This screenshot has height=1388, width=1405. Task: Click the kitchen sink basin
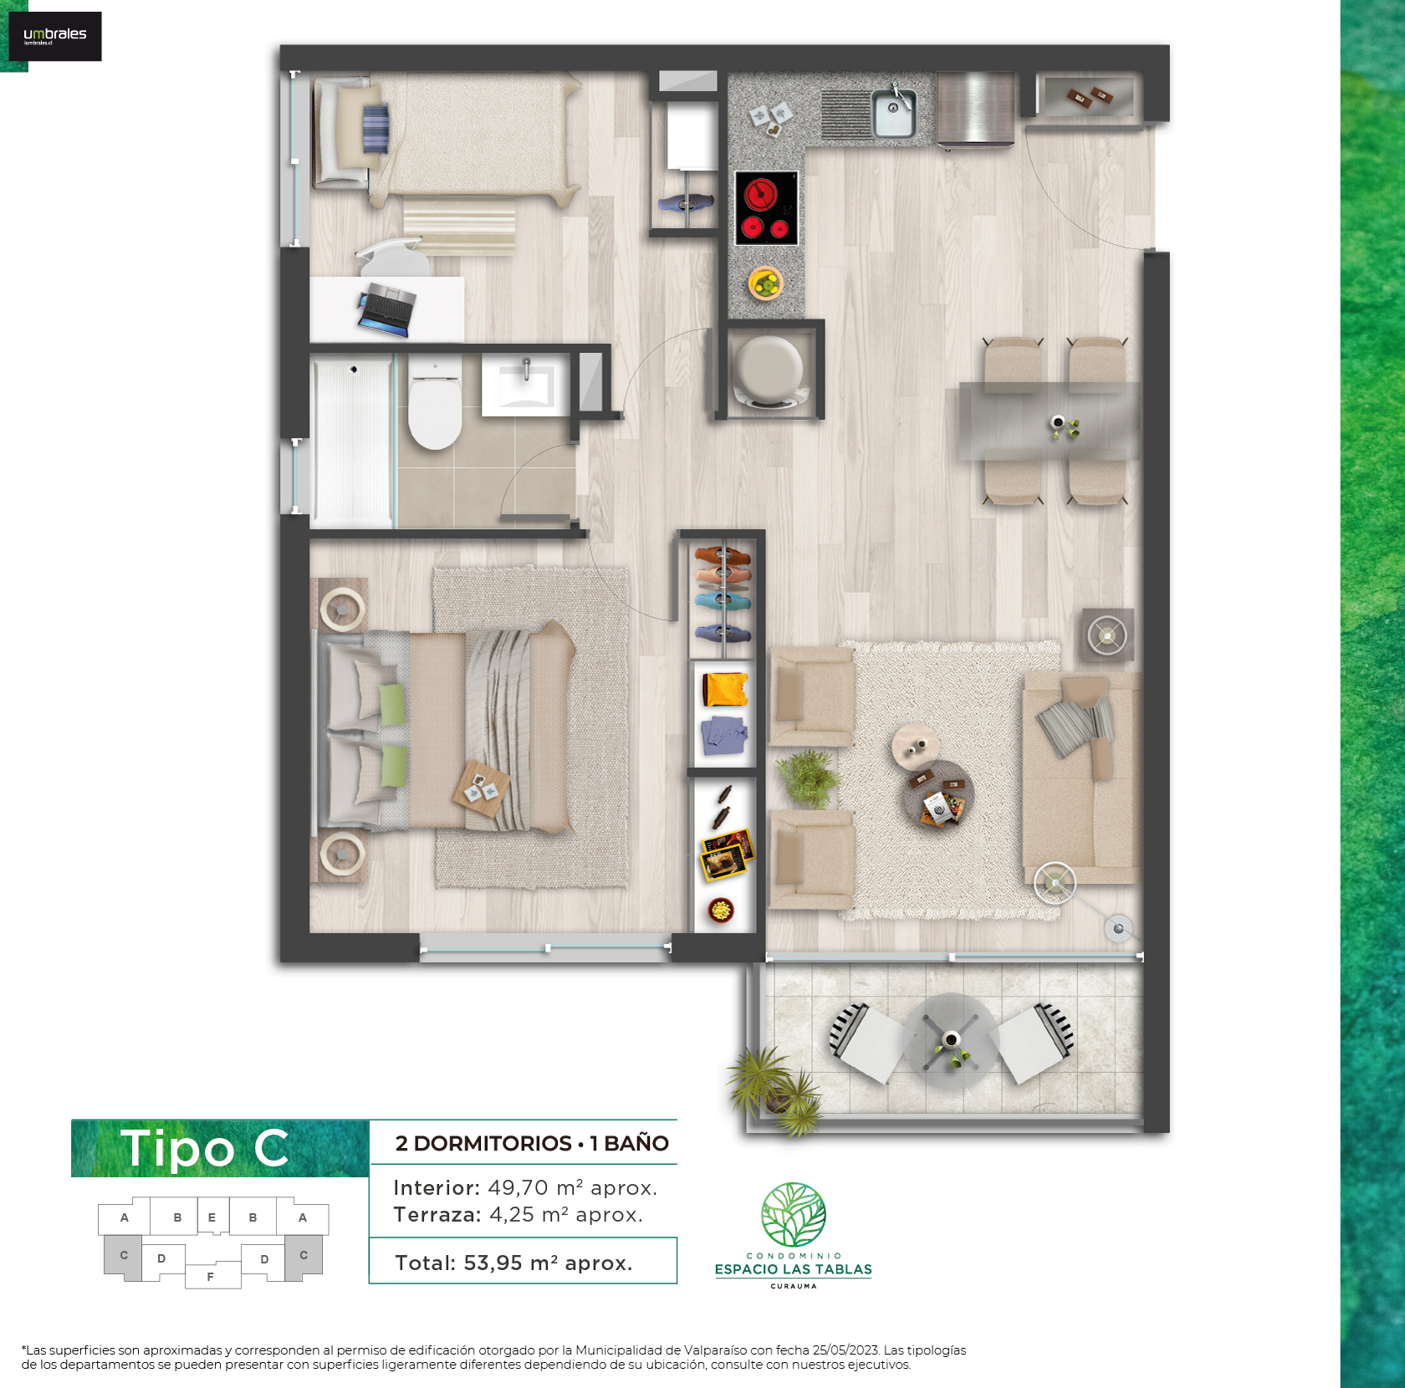click(893, 114)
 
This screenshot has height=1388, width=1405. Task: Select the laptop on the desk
click(386, 309)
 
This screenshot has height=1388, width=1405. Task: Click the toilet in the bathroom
click(435, 403)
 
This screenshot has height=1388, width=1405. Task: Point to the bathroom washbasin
click(525, 385)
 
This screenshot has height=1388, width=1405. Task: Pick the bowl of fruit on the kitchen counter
click(765, 283)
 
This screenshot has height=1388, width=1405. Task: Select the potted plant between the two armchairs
click(809, 778)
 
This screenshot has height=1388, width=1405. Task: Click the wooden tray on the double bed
click(482, 788)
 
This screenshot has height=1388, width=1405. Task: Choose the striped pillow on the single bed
click(376, 129)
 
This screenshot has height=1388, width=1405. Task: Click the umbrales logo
click(55, 36)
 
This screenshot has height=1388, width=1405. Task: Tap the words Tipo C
click(206, 1148)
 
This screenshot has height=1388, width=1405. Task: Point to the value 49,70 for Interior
click(518, 1187)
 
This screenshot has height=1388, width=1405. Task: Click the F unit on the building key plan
click(211, 1277)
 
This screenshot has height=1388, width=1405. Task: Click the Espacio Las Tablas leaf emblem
click(794, 1214)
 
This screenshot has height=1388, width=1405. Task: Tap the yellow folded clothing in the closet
click(725, 689)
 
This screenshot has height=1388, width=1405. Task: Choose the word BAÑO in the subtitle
click(636, 1143)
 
